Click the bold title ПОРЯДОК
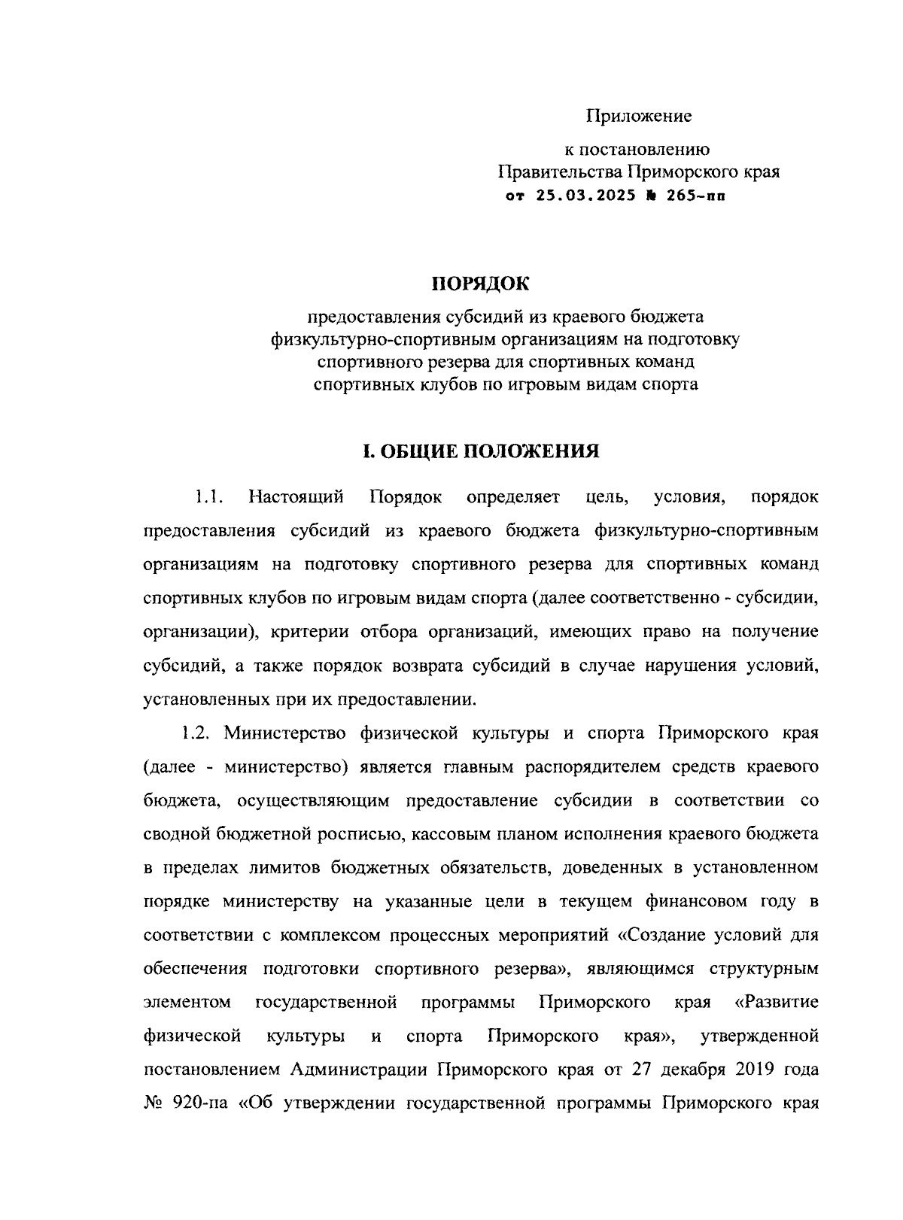point(480,284)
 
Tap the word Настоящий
point(296,497)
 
